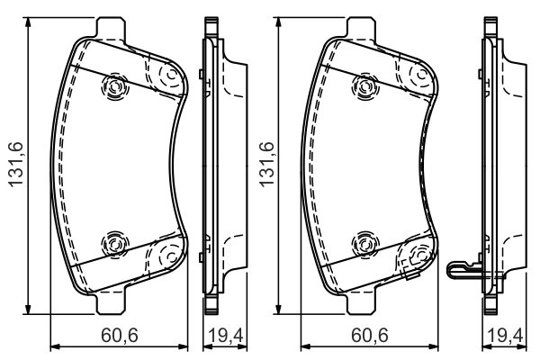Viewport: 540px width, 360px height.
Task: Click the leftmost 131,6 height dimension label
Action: tap(16, 165)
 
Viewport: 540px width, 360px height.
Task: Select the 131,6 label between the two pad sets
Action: tap(267, 165)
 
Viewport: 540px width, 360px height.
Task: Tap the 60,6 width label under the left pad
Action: tap(120, 335)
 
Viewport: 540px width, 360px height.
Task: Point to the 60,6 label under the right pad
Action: tap(370, 335)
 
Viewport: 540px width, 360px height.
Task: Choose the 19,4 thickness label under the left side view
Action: tap(227, 335)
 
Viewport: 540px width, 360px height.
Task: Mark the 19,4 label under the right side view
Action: tap(506, 335)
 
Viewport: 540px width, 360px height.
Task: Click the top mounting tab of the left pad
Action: tap(110, 27)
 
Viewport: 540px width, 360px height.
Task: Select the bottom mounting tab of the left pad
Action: tap(110, 303)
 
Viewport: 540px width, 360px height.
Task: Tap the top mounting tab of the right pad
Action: tap(361, 27)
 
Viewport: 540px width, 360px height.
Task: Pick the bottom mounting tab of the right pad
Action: tap(361, 303)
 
